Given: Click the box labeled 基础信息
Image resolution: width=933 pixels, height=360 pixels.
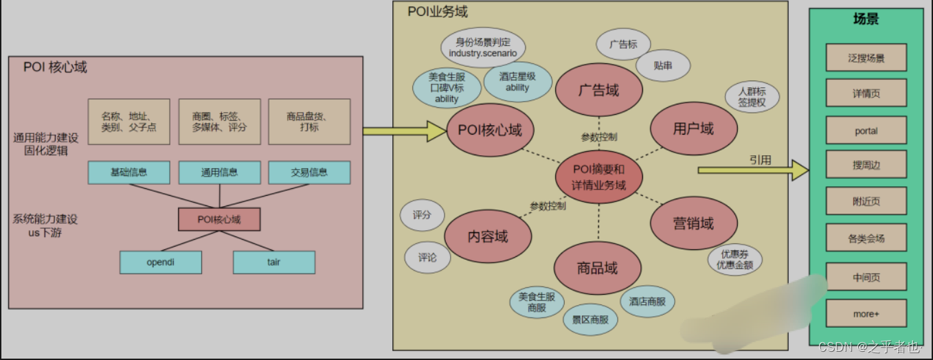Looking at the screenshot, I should [x=128, y=172].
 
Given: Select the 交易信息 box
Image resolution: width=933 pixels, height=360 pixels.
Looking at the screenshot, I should [x=309, y=172].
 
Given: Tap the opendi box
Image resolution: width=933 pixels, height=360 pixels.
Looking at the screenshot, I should [x=161, y=262].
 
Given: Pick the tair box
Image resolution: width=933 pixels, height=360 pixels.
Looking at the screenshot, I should [x=273, y=262].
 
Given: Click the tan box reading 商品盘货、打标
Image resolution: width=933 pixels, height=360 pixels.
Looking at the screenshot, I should [x=309, y=122].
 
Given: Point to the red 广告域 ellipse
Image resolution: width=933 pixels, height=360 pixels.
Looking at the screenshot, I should [x=598, y=90].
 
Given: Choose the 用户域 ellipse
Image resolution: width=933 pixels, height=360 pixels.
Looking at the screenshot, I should [x=693, y=128].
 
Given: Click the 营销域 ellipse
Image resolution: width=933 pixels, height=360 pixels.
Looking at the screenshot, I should [x=693, y=223].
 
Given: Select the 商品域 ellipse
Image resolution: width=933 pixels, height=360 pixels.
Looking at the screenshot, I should [x=596, y=268].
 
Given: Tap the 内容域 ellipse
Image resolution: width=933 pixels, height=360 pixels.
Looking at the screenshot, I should [x=487, y=236].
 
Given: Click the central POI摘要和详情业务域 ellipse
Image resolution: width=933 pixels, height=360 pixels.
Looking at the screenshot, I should [x=599, y=177].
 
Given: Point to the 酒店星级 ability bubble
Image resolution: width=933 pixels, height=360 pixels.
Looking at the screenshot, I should [x=517, y=82].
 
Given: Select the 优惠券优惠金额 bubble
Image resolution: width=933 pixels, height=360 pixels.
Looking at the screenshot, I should [x=734, y=259].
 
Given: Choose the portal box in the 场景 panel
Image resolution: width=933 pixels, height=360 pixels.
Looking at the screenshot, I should [x=866, y=131].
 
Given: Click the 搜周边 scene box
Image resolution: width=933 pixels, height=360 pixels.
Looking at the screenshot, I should [x=866, y=166].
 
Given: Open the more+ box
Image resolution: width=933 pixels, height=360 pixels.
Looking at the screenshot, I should [x=866, y=314].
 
